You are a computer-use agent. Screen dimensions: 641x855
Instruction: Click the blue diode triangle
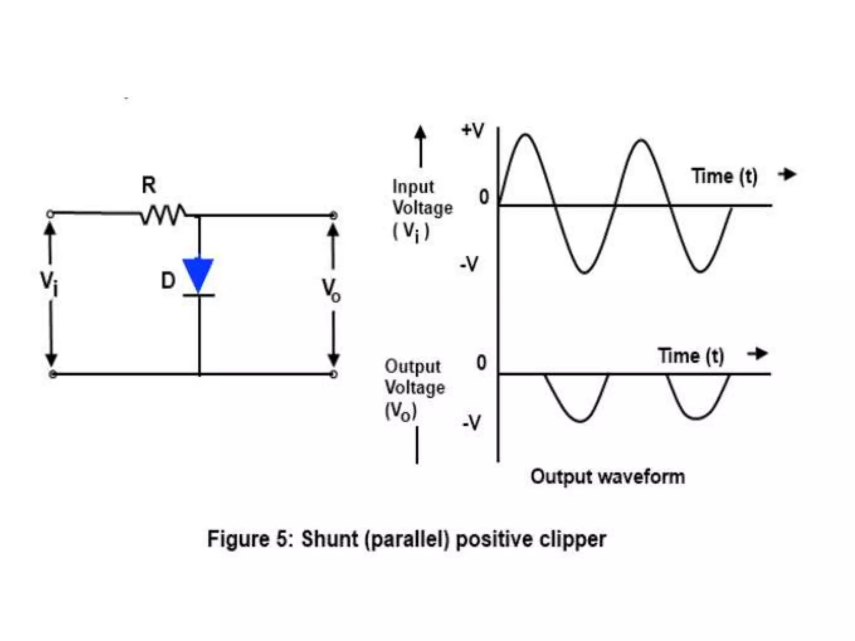coord(198,273)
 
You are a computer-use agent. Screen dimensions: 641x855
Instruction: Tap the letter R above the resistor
coord(149,185)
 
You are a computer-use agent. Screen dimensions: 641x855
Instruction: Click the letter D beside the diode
coord(168,280)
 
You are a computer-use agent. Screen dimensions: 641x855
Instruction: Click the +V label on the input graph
coord(473,131)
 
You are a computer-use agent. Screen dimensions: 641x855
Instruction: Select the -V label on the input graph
coord(469,264)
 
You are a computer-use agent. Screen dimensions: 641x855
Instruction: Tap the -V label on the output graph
coord(471,423)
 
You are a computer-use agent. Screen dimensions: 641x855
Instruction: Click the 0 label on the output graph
coord(481,363)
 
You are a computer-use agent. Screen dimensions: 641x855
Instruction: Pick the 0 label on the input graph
coord(483,197)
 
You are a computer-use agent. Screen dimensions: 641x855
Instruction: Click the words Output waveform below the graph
coord(607,477)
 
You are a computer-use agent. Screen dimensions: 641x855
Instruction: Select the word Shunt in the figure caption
coord(330,539)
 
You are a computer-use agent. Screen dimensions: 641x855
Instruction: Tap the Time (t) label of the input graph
coord(724,176)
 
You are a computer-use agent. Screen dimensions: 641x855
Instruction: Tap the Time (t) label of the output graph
coord(691,356)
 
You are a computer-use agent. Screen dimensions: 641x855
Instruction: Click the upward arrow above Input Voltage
coord(420,146)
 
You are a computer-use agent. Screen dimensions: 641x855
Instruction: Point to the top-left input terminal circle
coord(50,214)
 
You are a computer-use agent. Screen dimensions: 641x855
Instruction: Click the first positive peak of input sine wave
coord(526,135)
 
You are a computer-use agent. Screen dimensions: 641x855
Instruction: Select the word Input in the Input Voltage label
coord(413,187)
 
